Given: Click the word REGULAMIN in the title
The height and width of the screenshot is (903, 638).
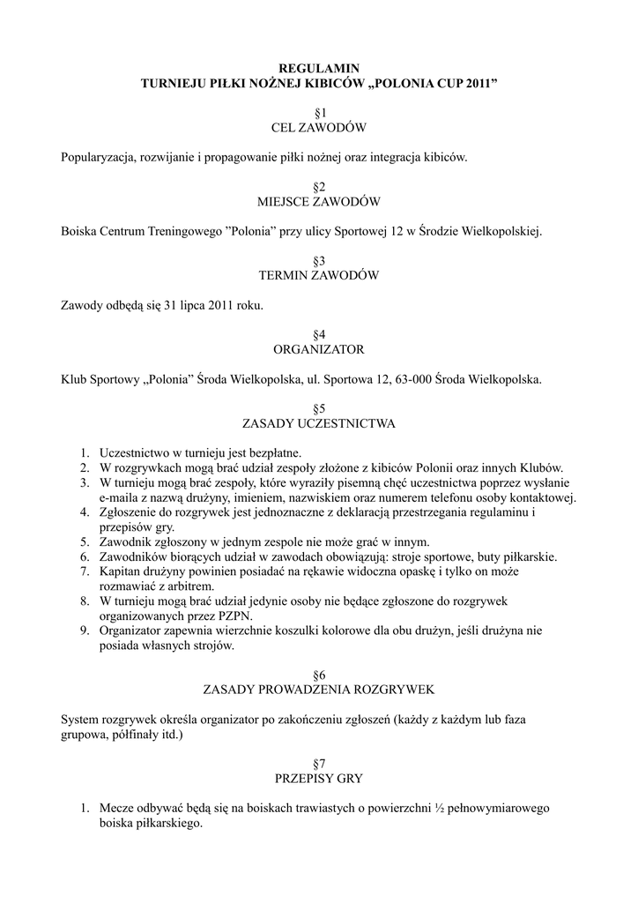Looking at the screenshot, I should click(x=319, y=68).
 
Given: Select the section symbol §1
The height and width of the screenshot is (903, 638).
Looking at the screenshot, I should click(x=319, y=114).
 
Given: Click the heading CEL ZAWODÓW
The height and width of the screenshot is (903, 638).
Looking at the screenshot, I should click(x=319, y=129).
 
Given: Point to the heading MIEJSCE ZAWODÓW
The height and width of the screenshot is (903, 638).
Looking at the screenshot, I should click(x=319, y=202).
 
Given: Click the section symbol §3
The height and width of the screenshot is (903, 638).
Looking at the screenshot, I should click(x=319, y=261).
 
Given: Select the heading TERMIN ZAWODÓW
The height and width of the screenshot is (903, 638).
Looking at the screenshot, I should click(x=319, y=276).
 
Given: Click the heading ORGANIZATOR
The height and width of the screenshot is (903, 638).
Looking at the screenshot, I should click(x=319, y=349).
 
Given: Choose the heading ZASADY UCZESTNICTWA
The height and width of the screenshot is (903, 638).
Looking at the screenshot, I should click(x=319, y=423).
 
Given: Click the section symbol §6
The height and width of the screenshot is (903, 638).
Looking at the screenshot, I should click(x=319, y=675).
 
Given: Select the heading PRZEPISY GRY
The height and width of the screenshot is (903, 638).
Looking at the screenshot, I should click(x=319, y=779).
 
